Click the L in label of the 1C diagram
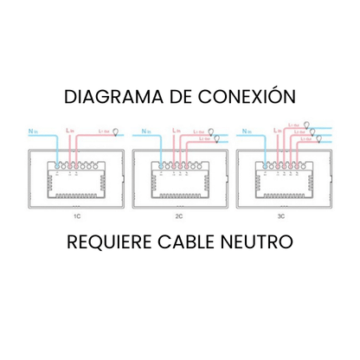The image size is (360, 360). [x=69, y=130]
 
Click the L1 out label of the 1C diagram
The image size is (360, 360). [x=103, y=131]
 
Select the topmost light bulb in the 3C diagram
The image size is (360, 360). [x=301, y=124]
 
